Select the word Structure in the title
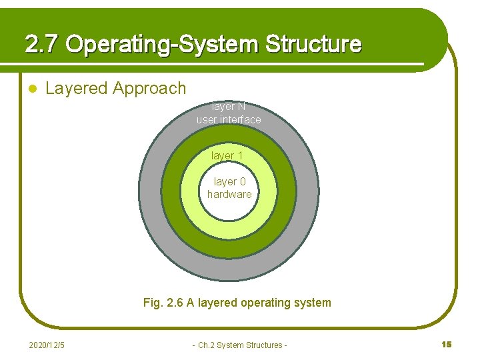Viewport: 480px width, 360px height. point(313,45)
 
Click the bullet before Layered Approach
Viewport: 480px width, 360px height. point(31,89)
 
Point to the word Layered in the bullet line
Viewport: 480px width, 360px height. point(77,88)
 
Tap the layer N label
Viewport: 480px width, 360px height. point(229,107)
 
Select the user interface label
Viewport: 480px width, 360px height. point(229,120)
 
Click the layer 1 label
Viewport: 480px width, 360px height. point(227,155)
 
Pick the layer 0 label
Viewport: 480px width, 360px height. point(229,181)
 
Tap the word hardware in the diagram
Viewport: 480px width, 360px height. point(229,195)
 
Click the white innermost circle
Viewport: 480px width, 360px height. point(229,207)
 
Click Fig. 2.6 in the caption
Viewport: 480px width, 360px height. point(163,303)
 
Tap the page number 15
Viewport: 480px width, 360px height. point(446,344)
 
